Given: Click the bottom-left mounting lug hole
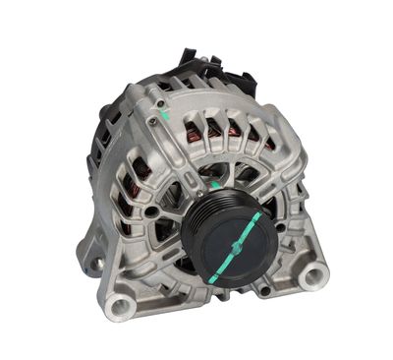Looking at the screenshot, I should [x=120, y=308].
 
